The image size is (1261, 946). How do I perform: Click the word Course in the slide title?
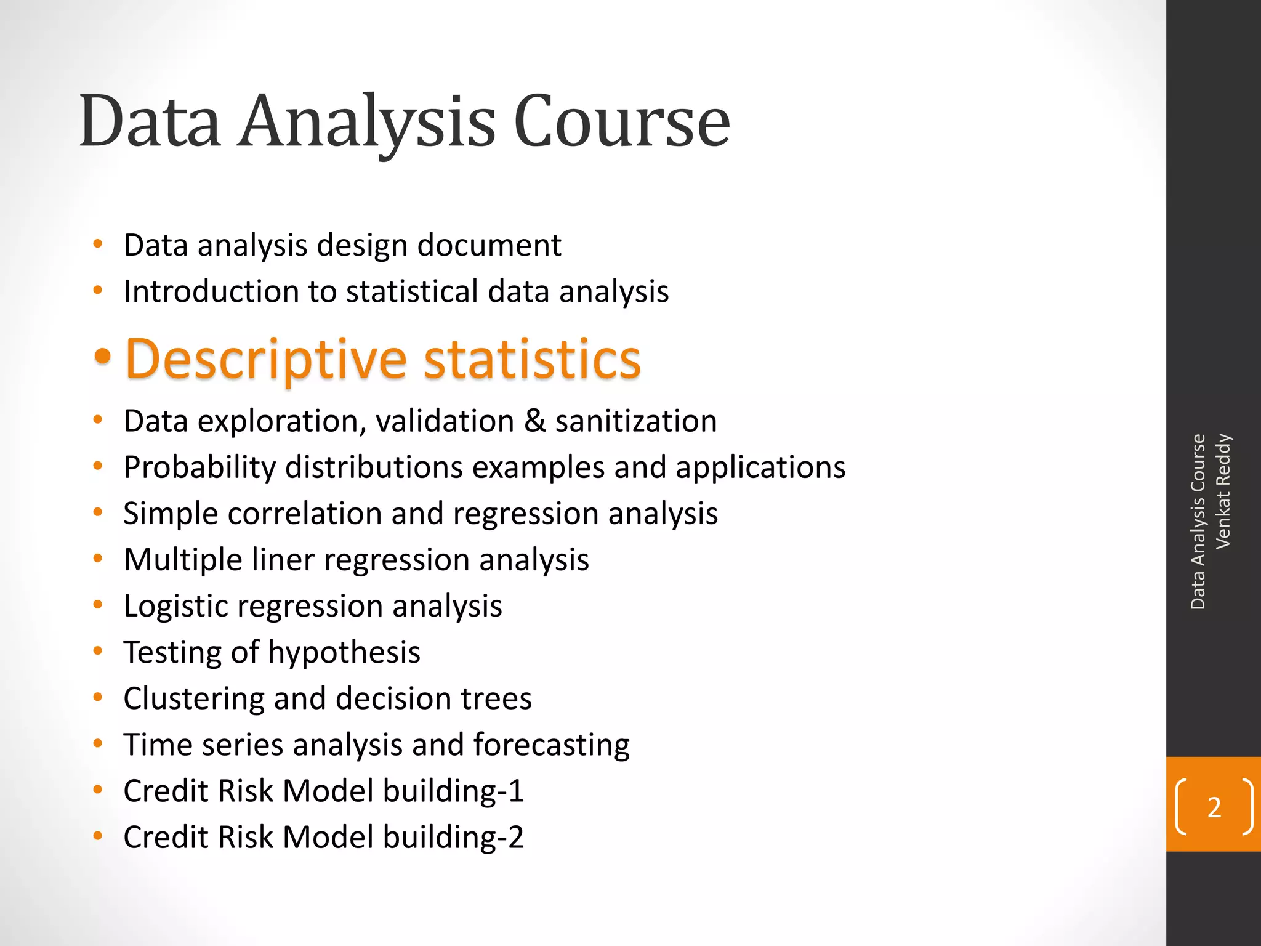pos(622,122)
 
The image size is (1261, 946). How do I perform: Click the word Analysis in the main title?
pos(367,122)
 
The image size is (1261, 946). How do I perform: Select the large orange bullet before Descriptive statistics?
pos(103,357)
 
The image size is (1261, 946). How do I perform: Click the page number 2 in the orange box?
pos(1214,807)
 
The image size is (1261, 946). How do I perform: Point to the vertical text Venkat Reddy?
pos(1223,491)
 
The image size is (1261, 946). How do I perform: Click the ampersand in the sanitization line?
pos(534,421)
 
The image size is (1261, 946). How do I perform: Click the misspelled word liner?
pos(283,560)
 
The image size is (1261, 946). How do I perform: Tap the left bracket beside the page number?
pos(1181,807)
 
